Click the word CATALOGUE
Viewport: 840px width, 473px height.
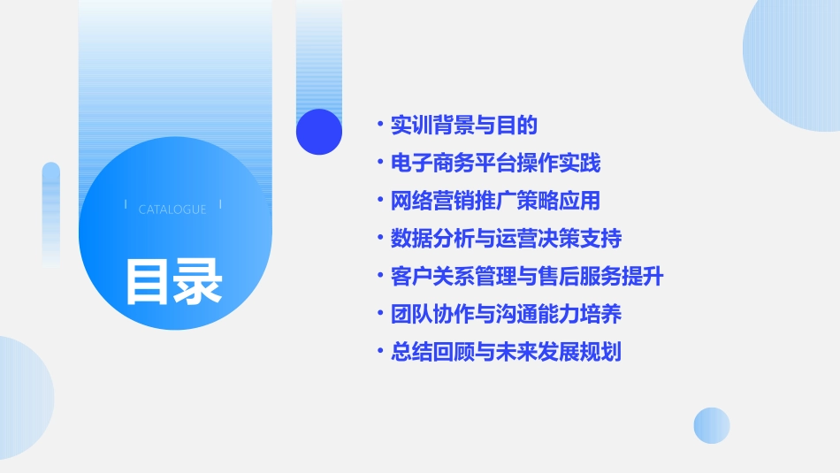pyautogui.click(x=172, y=210)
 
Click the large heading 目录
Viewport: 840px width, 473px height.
pyautogui.click(x=173, y=281)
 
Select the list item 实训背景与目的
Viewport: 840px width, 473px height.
pyautogui.click(x=464, y=126)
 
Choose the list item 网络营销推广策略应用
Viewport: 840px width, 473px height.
pyautogui.click(x=495, y=201)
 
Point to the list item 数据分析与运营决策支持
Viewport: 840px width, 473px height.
pyautogui.click(x=506, y=239)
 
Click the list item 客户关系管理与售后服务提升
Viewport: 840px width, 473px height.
pyautogui.click(x=527, y=276)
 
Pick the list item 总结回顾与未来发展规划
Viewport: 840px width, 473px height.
pyautogui.click(x=506, y=352)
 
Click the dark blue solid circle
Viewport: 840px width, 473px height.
pyautogui.click(x=319, y=132)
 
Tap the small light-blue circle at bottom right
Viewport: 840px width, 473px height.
pyautogui.click(x=712, y=425)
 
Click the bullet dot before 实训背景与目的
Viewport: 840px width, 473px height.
pyautogui.click(x=379, y=126)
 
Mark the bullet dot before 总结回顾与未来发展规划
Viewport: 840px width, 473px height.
pyautogui.click(x=379, y=352)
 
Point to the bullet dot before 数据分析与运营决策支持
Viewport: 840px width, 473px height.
pyautogui.click(x=379, y=239)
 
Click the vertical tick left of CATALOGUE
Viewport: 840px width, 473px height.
pyautogui.click(x=126, y=205)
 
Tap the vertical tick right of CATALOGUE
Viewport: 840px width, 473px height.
pyautogui.click(x=220, y=205)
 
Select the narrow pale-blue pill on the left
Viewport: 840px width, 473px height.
pyautogui.click(x=51, y=212)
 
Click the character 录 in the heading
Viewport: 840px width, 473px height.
pyautogui.click(x=198, y=281)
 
